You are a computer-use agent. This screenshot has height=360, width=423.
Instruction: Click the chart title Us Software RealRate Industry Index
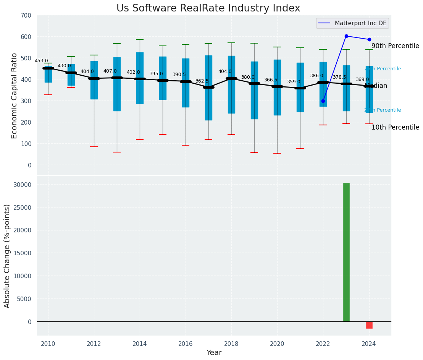(208, 8)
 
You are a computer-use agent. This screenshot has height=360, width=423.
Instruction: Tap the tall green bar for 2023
(346, 252)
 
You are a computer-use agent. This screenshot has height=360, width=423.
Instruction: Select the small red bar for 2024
(369, 325)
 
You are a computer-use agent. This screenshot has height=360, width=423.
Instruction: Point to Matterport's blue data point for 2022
(323, 101)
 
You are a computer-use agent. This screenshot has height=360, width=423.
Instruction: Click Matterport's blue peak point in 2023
(346, 36)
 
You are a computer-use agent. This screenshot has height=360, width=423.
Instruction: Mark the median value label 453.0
(41, 61)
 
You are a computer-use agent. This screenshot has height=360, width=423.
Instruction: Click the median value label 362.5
(202, 81)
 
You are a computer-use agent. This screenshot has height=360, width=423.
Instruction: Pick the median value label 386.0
(316, 76)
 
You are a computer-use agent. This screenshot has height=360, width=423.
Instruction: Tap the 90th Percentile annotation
(395, 46)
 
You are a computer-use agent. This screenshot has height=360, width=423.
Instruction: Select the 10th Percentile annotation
(395, 128)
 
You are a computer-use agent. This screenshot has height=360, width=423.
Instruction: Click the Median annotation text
(376, 86)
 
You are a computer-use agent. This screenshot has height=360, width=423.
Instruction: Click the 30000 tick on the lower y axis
(24, 185)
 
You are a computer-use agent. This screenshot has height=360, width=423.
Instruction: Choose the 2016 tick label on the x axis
(186, 344)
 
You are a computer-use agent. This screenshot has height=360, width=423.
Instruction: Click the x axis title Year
(214, 353)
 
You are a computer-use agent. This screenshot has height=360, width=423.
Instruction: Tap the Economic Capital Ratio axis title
(15, 96)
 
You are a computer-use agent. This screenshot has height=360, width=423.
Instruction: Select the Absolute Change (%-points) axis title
(7, 256)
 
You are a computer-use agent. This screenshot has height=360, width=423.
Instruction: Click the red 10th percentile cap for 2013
(117, 152)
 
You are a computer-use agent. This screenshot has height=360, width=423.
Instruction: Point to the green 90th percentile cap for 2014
(140, 39)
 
